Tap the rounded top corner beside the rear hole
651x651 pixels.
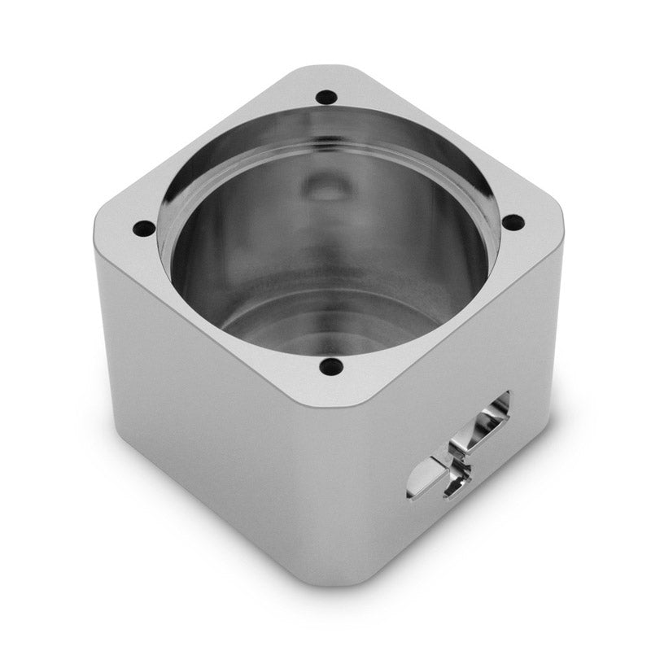click(x=325, y=72)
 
